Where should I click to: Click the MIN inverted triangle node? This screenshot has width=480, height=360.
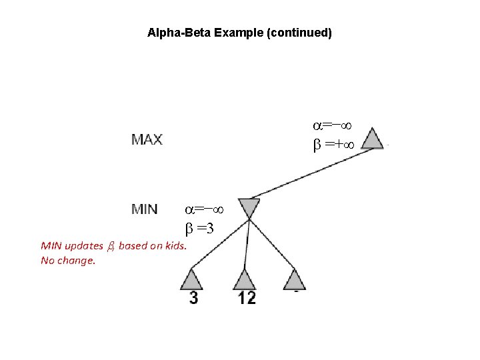pyautogui.click(x=249, y=207)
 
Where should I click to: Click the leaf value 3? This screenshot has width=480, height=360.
pyautogui.click(x=193, y=297)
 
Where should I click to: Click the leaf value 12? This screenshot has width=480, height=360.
pyautogui.click(x=247, y=297)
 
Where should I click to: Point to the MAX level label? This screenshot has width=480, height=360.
pyautogui.click(x=147, y=140)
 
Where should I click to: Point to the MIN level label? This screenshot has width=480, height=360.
pyautogui.click(x=145, y=209)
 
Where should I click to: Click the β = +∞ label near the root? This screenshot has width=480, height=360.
pyautogui.click(x=333, y=143)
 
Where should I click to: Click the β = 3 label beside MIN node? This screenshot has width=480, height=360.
pyautogui.click(x=199, y=229)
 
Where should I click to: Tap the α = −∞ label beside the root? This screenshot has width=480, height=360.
pyautogui.click(x=333, y=125)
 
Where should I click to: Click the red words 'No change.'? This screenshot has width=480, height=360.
pyautogui.click(x=68, y=261)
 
